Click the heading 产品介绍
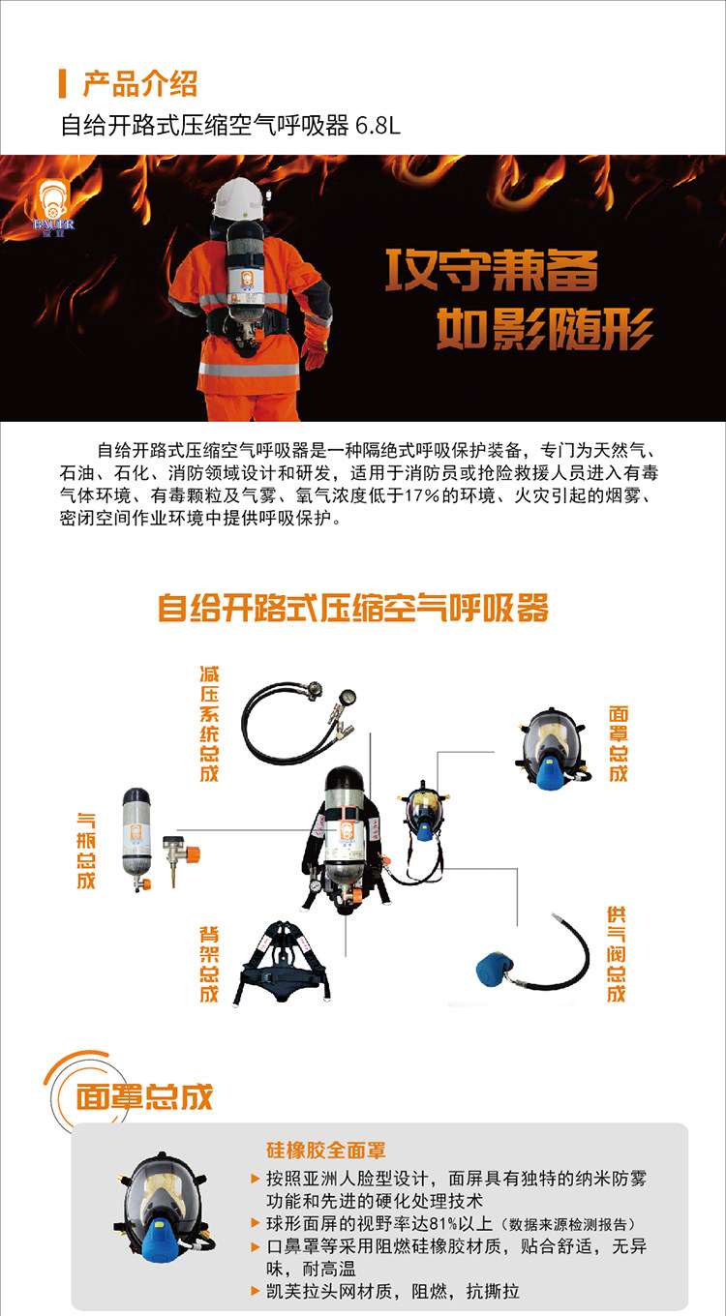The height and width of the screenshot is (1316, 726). point(140,83)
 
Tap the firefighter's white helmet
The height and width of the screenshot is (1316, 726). point(238,198)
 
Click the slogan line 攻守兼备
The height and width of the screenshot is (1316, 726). point(492,270)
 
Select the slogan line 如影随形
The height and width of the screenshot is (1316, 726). point(544,329)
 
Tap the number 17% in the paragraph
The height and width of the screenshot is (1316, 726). point(421,495)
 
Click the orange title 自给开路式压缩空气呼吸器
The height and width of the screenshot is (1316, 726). point(353,608)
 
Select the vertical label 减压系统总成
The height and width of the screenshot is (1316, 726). point(209,723)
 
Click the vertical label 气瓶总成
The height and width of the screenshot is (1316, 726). point(86,851)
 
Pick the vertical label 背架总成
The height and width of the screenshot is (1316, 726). point(209,964)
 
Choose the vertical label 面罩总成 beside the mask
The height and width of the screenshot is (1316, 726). point(619,743)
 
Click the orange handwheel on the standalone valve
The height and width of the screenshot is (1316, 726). point(193,854)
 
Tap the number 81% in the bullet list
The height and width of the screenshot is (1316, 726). point(443,1224)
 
